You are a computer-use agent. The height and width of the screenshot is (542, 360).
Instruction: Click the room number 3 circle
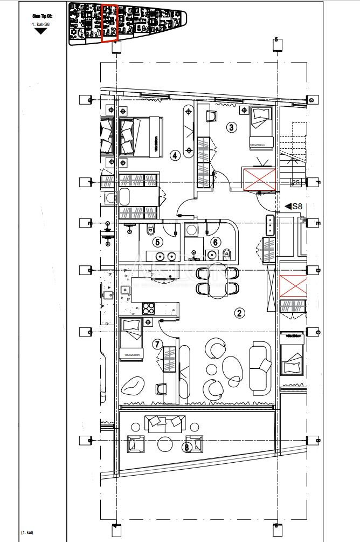pyautogui.click(x=231, y=128)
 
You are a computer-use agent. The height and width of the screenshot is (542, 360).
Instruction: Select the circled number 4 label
pyautogui.click(x=175, y=156)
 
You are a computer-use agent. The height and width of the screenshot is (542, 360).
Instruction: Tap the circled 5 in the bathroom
pyautogui.click(x=157, y=243)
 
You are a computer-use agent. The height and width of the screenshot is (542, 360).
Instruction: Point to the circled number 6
pyautogui.click(x=216, y=243)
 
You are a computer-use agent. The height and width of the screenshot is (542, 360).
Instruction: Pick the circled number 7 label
pyautogui.click(x=157, y=344)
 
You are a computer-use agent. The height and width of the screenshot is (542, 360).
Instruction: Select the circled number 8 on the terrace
pyautogui.click(x=187, y=447)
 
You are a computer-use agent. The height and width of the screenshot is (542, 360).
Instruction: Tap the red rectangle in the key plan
pyautogui.click(x=110, y=23)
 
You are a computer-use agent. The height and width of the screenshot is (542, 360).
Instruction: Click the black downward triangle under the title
pyautogui.click(x=41, y=31)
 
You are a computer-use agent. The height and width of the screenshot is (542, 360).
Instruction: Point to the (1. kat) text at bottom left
pyautogui.click(x=27, y=532)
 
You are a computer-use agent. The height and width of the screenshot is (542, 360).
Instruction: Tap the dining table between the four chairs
pyautogui.click(x=218, y=282)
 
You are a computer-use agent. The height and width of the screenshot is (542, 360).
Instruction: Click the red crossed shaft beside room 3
pyautogui.click(x=259, y=180)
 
